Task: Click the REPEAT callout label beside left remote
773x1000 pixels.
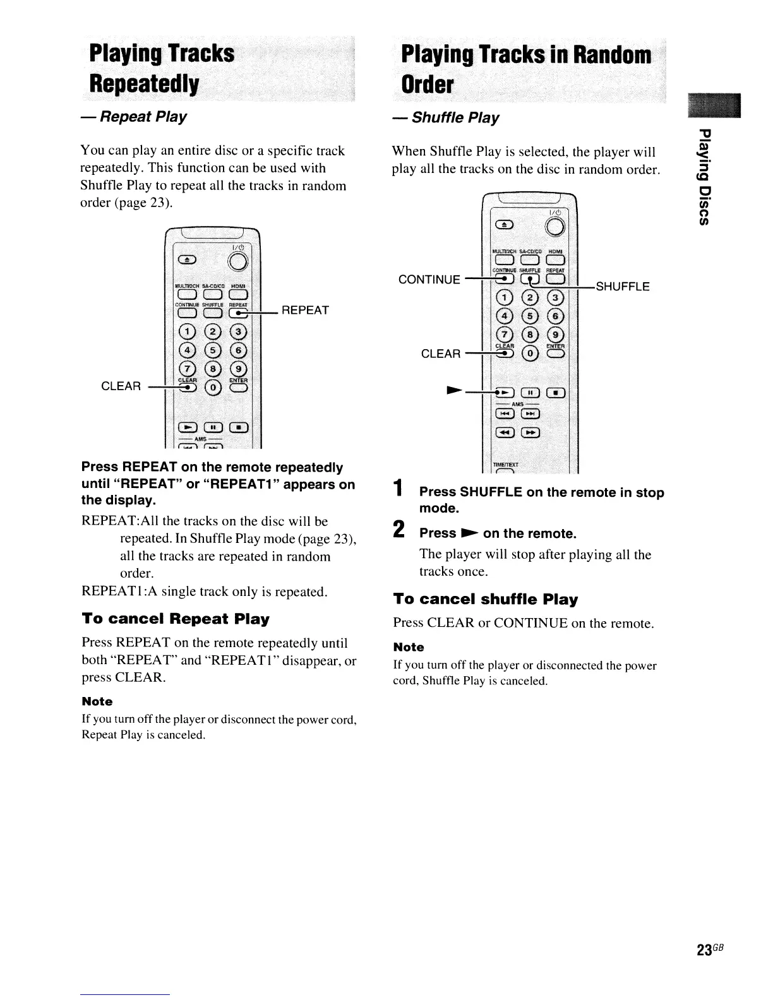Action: click(x=305, y=310)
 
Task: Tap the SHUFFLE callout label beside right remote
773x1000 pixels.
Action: click(x=622, y=287)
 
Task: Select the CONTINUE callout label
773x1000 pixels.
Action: click(x=429, y=279)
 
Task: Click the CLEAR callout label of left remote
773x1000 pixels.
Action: click(x=122, y=386)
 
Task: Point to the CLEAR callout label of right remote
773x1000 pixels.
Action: click(x=441, y=354)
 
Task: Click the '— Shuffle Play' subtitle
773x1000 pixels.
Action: click(x=446, y=118)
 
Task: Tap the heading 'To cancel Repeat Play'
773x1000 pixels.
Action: click(x=176, y=619)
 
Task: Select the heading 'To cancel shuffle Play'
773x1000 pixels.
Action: click(x=485, y=599)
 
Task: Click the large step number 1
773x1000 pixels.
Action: click(x=398, y=489)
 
